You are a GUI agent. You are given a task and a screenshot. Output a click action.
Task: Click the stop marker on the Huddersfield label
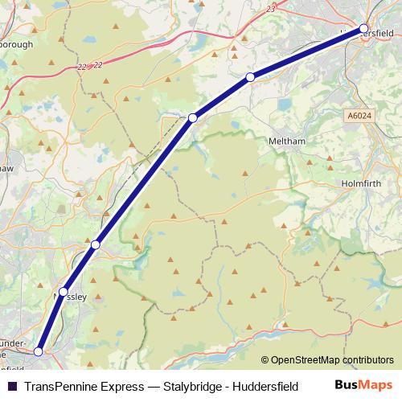363,29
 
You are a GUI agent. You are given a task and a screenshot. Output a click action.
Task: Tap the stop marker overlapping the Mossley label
64,291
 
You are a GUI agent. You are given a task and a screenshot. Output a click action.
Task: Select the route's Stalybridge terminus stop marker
38,351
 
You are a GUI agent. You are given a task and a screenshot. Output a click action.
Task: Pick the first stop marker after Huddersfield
251,76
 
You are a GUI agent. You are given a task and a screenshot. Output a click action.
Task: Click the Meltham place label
287,142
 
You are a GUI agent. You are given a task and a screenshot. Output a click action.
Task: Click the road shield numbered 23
271,8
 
